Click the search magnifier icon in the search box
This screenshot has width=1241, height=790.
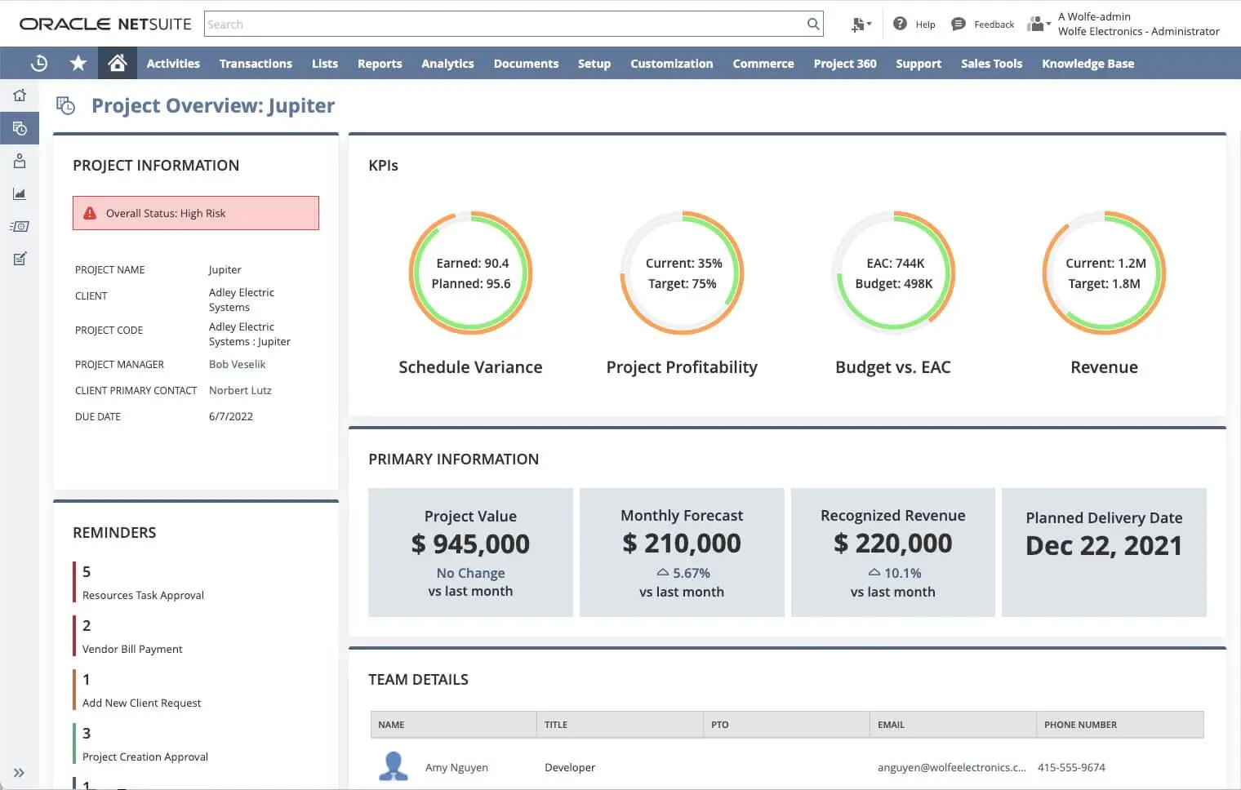pyautogui.click(x=813, y=24)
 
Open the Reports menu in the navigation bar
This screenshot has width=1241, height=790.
pyautogui.click(x=380, y=64)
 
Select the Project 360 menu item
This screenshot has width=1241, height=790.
pyautogui.click(x=844, y=64)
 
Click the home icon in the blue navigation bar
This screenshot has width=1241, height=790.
pyautogui.click(x=118, y=64)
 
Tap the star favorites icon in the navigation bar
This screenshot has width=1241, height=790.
pyautogui.click(x=78, y=64)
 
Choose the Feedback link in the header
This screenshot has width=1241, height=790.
pyautogui.click(x=993, y=24)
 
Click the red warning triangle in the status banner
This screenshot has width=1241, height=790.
pyautogui.click(x=91, y=213)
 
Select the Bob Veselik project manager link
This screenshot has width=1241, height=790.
pyautogui.click(x=237, y=365)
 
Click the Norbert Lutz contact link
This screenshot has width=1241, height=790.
pyautogui.click(x=240, y=391)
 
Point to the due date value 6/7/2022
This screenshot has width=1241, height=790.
pyautogui.click(x=231, y=417)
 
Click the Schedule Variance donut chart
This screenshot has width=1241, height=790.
pyautogui.click(x=470, y=273)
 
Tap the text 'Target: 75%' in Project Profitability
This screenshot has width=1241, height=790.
pyautogui.click(x=682, y=284)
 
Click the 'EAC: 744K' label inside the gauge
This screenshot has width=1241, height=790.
pyautogui.click(x=895, y=264)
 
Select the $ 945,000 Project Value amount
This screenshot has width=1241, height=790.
pyautogui.click(x=470, y=544)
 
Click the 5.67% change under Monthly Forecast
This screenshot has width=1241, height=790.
pyautogui.click(x=691, y=574)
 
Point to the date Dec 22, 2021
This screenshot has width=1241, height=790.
pyautogui.click(x=1104, y=546)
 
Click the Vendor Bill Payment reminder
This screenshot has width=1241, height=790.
pyautogui.click(x=132, y=650)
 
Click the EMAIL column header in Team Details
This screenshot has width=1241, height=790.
pyautogui.click(x=891, y=725)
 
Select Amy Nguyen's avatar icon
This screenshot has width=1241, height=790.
pyautogui.click(x=394, y=766)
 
